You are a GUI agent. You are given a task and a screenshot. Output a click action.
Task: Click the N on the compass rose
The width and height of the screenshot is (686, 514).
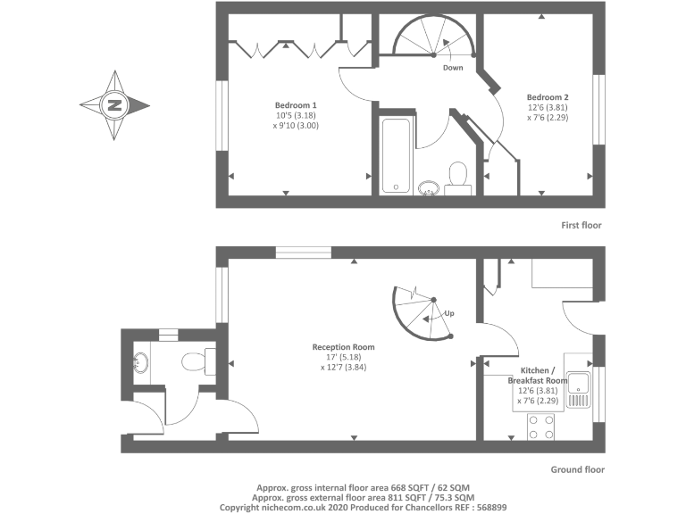click(x=114, y=104)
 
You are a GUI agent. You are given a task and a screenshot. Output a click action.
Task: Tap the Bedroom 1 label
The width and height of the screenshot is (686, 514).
click(x=295, y=104)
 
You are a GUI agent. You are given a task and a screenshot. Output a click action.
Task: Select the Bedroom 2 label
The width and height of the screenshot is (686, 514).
click(x=548, y=97)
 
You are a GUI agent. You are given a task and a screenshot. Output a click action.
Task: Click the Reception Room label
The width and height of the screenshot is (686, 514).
click(x=343, y=347)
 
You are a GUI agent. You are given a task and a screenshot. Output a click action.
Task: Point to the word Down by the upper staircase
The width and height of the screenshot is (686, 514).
click(x=453, y=68)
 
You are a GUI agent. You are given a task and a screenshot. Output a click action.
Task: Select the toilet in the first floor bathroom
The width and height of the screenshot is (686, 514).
click(x=458, y=176)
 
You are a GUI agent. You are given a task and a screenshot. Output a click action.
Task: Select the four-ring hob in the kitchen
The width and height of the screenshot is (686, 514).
click(x=541, y=426)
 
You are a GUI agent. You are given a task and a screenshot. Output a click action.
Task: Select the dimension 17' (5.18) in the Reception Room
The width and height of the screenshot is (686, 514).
click(x=343, y=357)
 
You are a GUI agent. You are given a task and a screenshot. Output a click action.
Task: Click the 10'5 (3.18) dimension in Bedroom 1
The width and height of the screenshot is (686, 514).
click(x=296, y=115)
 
